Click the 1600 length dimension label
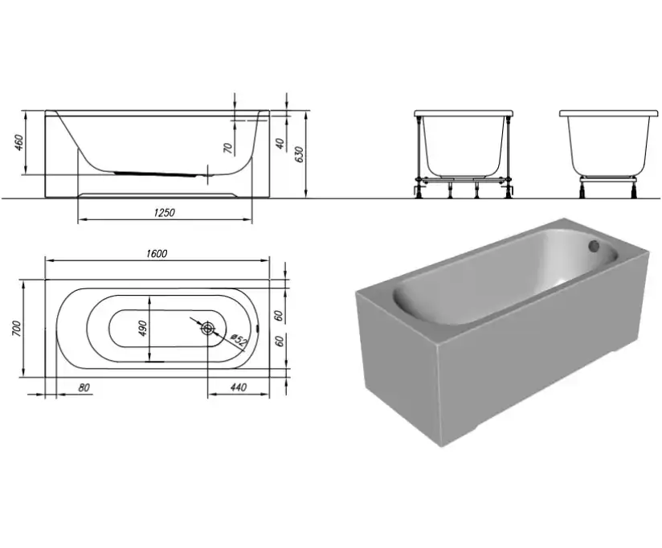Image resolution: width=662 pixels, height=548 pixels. [157, 254]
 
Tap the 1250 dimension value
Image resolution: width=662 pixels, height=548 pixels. [164, 212]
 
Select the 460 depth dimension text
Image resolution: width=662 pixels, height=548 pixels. [19, 142]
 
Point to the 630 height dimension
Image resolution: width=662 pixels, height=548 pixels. [299, 155]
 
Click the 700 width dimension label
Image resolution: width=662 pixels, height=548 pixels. [16, 329]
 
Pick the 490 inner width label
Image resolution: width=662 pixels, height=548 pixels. [142, 329]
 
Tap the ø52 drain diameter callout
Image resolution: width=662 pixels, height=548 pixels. [238, 341]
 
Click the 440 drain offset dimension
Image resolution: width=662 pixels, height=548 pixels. [239, 387]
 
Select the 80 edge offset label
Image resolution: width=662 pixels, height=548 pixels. [84, 387]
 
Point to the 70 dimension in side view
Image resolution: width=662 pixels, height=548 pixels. [227, 148]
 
